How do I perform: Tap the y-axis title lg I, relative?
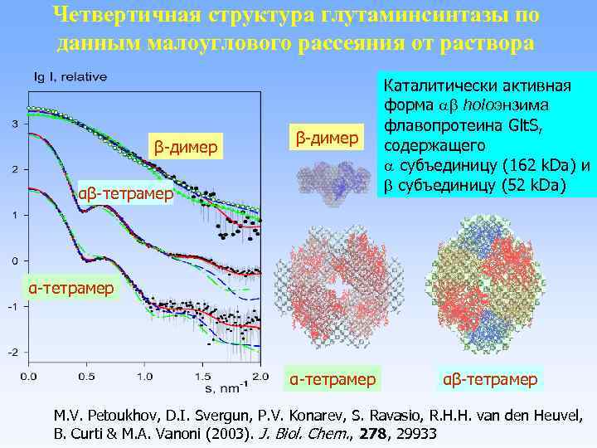[x=70, y=77]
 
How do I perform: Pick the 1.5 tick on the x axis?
[x=200, y=377]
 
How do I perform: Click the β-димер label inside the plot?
[x=184, y=148]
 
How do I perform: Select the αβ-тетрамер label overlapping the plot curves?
[x=125, y=195]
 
